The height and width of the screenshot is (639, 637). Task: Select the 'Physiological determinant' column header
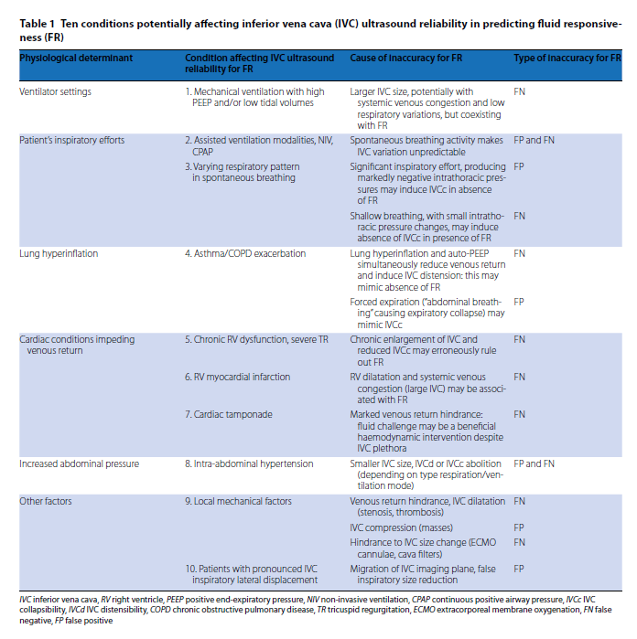76,58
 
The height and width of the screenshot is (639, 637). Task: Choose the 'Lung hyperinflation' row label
59,253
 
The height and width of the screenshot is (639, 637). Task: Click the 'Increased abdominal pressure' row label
80,464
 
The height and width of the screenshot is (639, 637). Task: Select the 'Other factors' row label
46,501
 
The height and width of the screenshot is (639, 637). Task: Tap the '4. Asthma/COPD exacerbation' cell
244,253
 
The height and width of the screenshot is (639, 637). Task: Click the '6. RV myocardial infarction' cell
238,377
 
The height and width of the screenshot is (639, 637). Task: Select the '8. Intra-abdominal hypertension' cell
248,464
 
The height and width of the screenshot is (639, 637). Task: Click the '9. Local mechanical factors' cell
238,501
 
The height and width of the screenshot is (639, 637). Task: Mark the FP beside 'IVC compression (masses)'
519,527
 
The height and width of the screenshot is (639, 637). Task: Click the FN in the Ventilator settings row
519,92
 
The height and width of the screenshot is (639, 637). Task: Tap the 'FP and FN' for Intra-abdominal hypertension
534,464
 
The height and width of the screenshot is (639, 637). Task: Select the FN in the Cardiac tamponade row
519,414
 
